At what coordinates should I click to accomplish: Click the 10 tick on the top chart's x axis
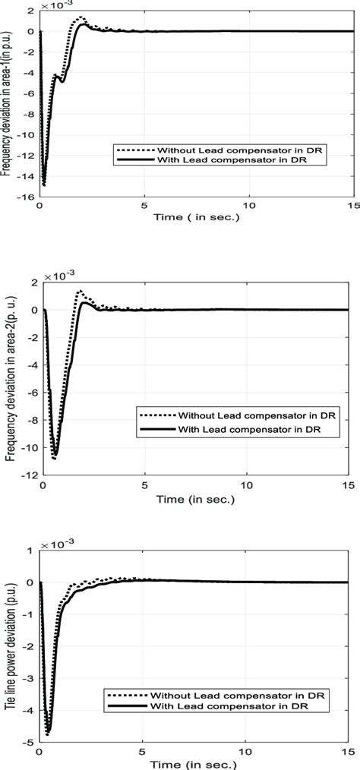(x=248, y=207)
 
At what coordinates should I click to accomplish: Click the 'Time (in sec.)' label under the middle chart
(x=196, y=499)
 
